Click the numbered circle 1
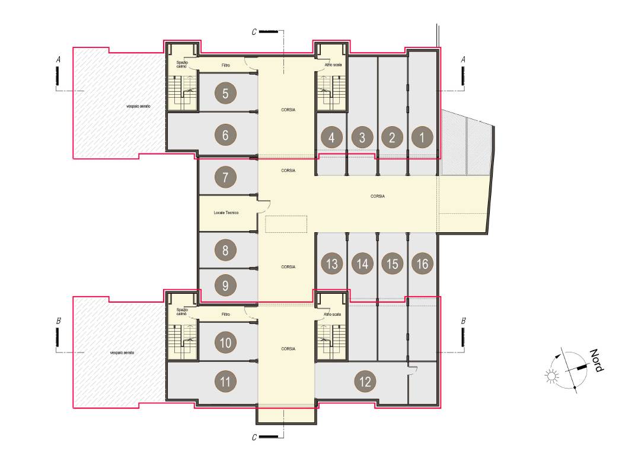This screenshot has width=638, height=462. coord(422,138)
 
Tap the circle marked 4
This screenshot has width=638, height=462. coord(331,138)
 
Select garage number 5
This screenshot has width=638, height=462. coord(225,93)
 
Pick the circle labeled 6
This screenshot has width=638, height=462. coord(225,135)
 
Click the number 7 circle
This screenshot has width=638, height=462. coord(225,177)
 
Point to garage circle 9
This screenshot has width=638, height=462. coord(225,286)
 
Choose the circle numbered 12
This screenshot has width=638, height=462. coord(365,381)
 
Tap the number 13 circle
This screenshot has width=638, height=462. coord(332,263)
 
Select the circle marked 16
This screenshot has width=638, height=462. coord(422,263)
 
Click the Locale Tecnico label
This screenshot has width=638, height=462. coord(226,213)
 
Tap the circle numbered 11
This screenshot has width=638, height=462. coord(225,381)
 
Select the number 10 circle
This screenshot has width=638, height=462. coord(225,342)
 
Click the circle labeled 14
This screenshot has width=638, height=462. coord(362,263)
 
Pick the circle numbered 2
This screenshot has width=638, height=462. coord(392,138)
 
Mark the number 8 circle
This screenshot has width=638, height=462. coord(225,250)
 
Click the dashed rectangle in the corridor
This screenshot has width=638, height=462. coord(286,224)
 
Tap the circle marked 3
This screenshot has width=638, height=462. coord(362,138)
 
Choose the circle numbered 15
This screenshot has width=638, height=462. coord(392,263)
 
